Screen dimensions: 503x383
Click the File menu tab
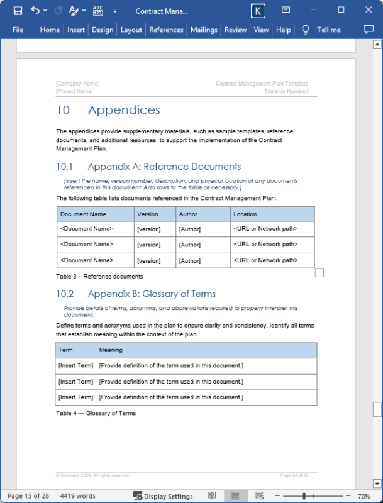click(18, 30)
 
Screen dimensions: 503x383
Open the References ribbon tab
click(166, 30)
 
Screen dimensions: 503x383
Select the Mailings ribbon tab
click(204, 30)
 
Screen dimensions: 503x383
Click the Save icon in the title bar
click(18, 11)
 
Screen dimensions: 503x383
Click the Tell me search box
click(328, 30)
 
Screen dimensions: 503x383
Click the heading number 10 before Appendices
click(63, 111)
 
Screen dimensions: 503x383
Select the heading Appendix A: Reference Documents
click(164, 167)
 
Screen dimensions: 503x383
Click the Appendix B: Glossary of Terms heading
click(152, 294)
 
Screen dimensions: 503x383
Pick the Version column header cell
click(148, 214)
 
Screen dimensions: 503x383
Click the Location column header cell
click(245, 214)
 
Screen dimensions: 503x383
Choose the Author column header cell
click(188, 214)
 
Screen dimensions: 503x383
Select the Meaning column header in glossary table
click(111, 350)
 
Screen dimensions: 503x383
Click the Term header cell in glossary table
click(65, 350)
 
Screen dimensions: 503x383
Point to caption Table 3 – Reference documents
click(99, 277)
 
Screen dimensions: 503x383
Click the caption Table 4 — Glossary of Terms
click(96, 413)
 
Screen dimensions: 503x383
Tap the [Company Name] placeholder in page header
click(77, 84)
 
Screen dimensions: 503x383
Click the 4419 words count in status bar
click(78, 496)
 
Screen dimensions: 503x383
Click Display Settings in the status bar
click(163, 496)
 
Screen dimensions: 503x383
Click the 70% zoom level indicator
click(364, 496)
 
